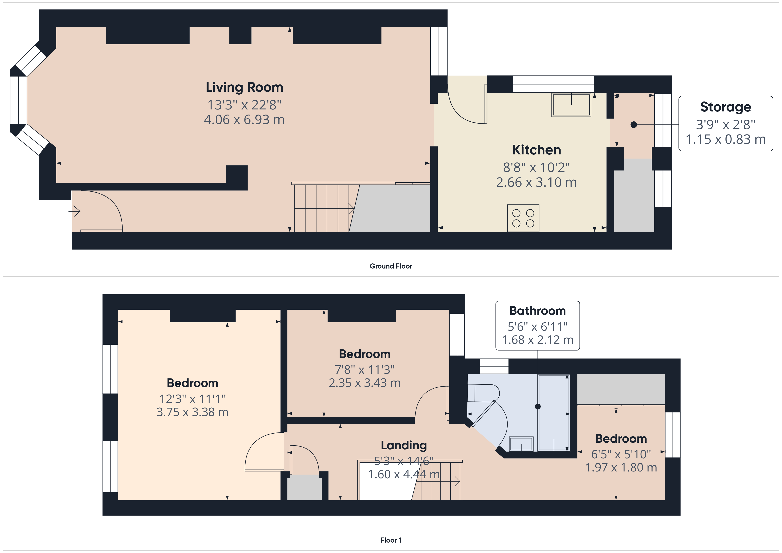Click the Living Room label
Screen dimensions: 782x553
244,87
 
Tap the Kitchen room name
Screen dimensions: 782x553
536,150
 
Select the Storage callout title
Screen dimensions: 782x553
725,107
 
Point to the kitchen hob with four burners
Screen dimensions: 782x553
523,218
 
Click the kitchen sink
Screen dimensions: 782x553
571,105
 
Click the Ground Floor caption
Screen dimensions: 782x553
391,266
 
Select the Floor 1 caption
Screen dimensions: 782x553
391,540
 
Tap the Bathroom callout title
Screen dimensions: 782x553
538,311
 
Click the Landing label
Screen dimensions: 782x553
404,445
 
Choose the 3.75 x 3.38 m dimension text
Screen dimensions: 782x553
192,412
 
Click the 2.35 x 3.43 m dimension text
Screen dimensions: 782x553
365,383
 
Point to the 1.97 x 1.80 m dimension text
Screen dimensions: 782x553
621,467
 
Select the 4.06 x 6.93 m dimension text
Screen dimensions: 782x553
244,119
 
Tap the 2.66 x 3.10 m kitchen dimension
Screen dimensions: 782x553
536,182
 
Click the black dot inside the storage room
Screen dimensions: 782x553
634,125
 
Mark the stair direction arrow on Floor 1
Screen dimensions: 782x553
441,481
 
